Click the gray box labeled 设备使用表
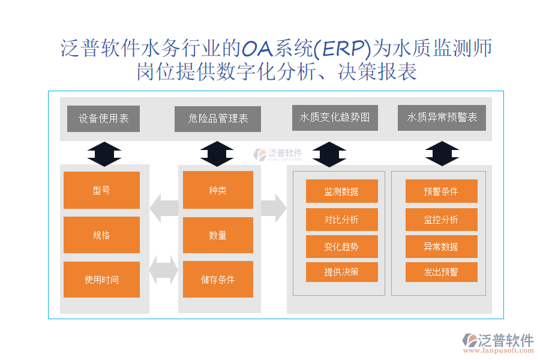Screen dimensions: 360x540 click(103, 119)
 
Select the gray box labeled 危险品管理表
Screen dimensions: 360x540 click(218, 119)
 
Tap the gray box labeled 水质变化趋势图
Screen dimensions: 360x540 click(335, 118)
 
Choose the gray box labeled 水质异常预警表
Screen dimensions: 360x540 click(442, 118)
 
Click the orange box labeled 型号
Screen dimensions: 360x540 click(101, 190)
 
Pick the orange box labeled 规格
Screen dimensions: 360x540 click(101, 235)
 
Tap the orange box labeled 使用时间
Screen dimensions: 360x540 click(101, 280)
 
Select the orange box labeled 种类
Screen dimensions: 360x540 click(218, 190)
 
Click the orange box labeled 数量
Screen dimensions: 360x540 click(218, 235)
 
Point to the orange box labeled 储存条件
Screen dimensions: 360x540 click(218, 280)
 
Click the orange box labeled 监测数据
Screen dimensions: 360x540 click(341, 191)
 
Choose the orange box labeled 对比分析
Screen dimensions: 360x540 click(341, 220)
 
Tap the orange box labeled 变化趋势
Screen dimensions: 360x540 click(341, 247)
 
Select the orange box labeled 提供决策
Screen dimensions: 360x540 click(341, 272)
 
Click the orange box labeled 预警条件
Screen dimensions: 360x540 click(441, 191)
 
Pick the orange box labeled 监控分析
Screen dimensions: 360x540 click(441, 220)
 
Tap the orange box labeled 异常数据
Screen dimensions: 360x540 click(441, 247)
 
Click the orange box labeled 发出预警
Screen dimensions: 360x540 click(441, 272)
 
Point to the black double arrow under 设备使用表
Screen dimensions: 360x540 click(104, 154)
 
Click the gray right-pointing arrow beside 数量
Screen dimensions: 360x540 click(273, 208)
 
